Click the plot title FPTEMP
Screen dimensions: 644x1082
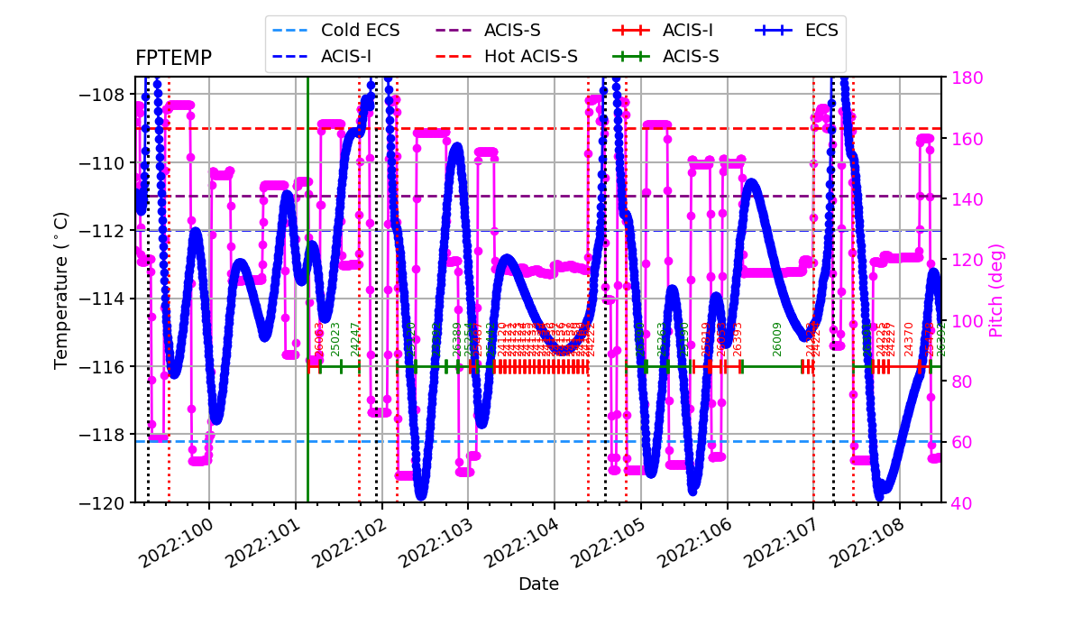173,59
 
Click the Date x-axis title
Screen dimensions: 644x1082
538,584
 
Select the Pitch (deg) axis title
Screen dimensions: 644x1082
996,290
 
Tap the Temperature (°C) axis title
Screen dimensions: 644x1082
61,290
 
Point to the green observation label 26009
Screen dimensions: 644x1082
777,338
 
